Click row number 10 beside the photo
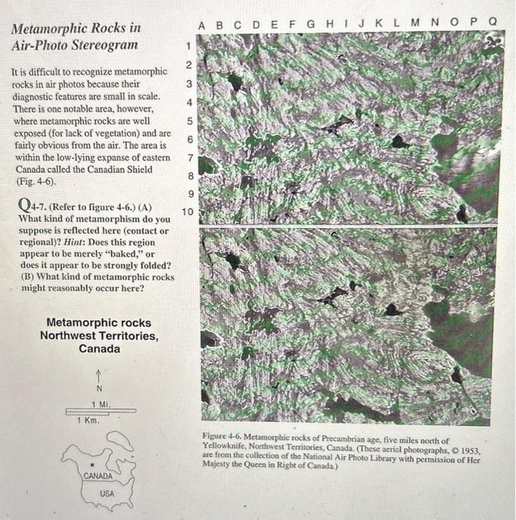[187, 212]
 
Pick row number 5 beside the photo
[189, 121]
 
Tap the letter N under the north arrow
[99, 388]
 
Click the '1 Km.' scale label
[88, 420]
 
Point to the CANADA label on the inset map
[98, 475]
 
